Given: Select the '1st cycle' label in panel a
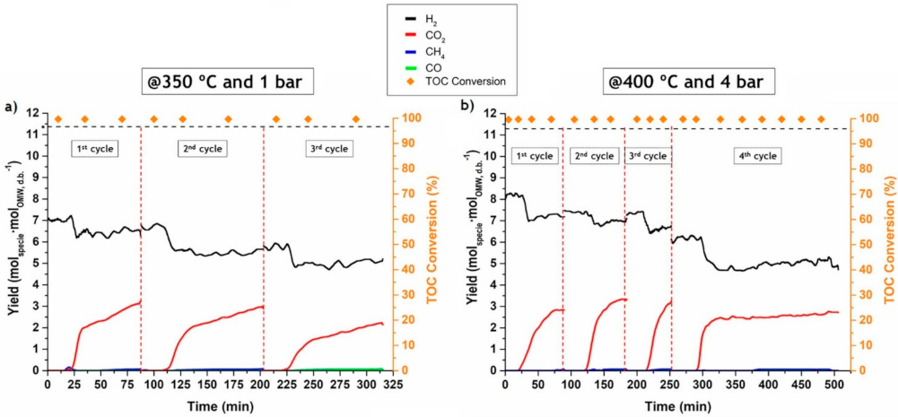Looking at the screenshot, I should (x=95, y=148).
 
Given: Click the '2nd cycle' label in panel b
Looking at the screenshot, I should (x=593, y=155).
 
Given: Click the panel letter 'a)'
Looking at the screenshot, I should (x=12, y=107).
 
